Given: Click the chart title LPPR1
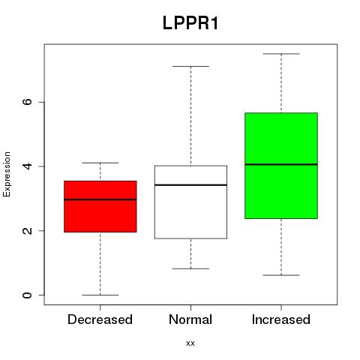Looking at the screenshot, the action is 190,23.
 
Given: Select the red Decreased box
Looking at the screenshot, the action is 100,206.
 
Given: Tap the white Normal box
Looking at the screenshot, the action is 190,202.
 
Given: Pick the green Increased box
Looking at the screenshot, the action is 281,166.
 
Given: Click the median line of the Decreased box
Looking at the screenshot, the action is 100,199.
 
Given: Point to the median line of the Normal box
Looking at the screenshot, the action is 190,185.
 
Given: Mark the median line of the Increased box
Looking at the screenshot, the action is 281,164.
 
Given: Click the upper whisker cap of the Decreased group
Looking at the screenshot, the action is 100,163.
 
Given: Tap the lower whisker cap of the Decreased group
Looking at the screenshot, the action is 100,295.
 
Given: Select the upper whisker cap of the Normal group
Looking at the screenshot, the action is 190,66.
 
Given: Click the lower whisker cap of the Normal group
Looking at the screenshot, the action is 190,268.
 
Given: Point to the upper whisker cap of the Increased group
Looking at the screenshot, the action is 281,54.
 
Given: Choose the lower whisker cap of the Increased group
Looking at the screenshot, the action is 281,275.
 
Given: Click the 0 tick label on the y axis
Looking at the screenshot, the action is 27,295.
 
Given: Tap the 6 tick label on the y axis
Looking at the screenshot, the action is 27,102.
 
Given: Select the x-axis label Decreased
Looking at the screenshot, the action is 100,319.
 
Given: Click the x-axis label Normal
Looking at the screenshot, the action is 190,319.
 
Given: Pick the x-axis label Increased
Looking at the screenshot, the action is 281,319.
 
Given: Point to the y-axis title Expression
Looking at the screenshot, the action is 7,174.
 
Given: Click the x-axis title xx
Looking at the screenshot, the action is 190,343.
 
